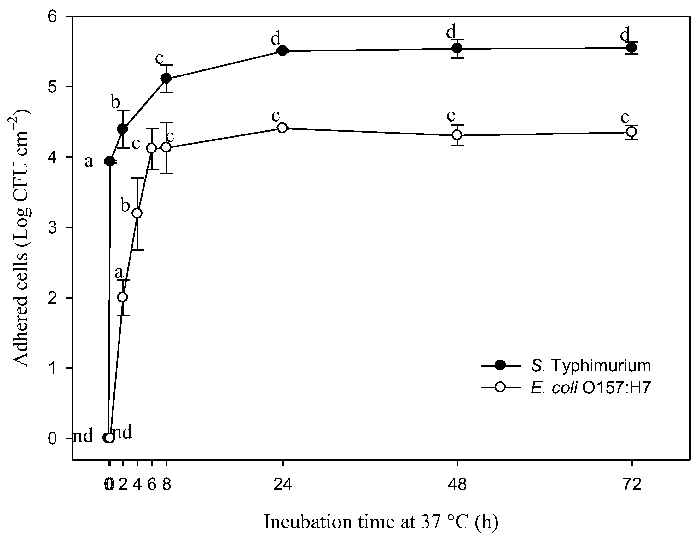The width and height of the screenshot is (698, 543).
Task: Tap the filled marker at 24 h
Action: point(282,51)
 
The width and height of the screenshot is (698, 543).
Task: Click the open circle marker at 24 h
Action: point(282,128)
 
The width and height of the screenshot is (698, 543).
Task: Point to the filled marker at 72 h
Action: point(631,48)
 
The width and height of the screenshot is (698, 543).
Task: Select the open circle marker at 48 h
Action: point(457,135)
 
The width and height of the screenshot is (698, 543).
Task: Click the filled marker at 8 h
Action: point(166,78)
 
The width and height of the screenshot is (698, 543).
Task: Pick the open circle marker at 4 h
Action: point(137,213)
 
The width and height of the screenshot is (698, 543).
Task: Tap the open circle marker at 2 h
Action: point(122,297)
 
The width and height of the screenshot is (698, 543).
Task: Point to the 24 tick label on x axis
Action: point(282,485)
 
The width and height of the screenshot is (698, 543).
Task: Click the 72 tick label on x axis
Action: point(632,485)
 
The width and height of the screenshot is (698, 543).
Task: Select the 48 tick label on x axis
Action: point(457,485)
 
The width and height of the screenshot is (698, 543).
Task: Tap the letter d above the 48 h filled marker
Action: point(451,32)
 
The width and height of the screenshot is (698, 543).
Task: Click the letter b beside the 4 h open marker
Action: point(125,205)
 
